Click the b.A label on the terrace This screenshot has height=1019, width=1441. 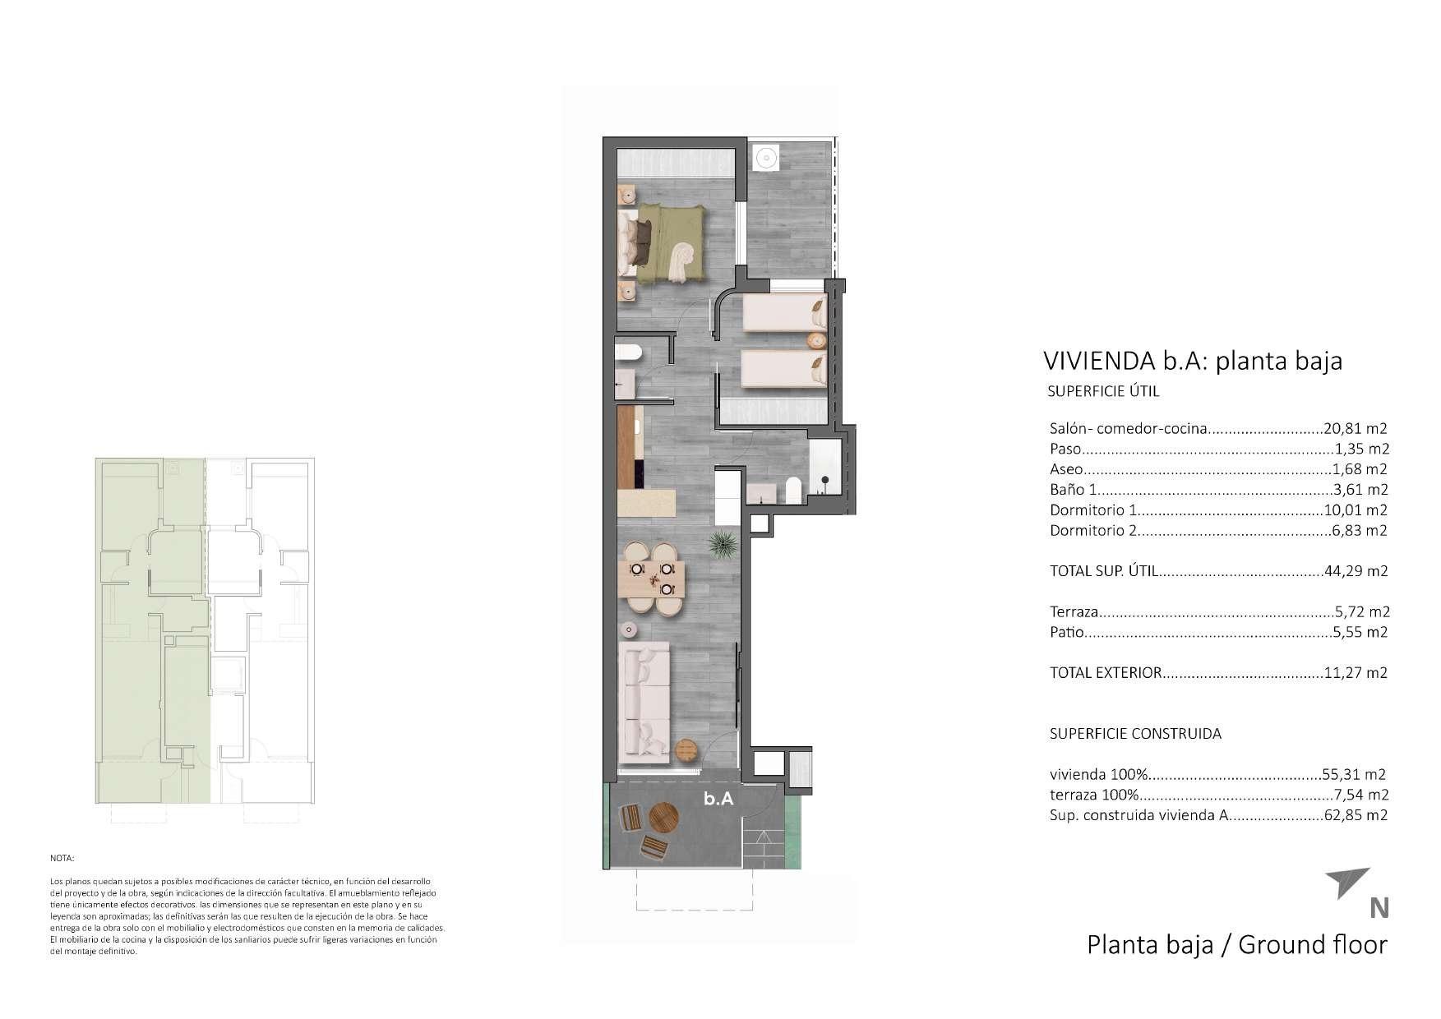pyautogui.click(x=718, y=798)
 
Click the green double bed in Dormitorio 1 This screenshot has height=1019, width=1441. pyautogui.click(x=670, y=243)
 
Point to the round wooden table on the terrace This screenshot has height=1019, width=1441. pyautogui.click(x=664, y=818)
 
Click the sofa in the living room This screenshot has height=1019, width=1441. pyautogui.click(x=645, y=699)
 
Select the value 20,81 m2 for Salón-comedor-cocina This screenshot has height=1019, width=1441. pyautogui.click(x=1356, y=428)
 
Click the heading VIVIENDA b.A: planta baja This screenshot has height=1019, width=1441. pyautogui.click(x=1192, y=361)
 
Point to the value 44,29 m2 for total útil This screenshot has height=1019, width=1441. pyautogui.click(x=1356, y=571)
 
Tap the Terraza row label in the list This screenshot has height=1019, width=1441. pyautogui.click(x=1074, y=612)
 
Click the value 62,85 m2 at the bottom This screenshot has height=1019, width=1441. pyautogui.click(x=1356, y=816)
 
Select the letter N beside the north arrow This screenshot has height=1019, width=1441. pyautogui.click(x=1379, y=908)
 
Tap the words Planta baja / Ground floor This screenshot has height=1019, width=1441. pyautogui.click(x=1236, y=945)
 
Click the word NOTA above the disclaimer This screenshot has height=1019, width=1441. pyautogui.click(x=62, y=858)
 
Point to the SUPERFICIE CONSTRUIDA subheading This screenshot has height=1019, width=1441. pyautogui.click(x=1134, y=734)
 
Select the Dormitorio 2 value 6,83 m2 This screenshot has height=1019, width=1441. pyautogui.click(x=1360, y=531)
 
